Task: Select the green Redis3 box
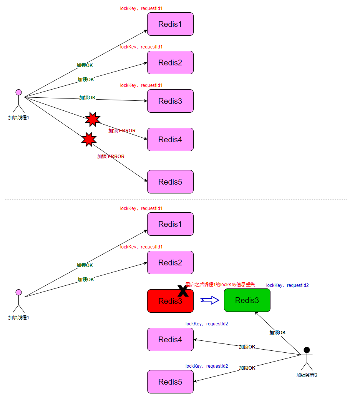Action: pos(247,300)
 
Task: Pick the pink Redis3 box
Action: pos(170,101)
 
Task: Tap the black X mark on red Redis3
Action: pos(183,291)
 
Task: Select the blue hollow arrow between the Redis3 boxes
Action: pos(210,300)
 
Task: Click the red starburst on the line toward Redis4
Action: pos(93,119)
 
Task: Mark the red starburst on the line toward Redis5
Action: pos(89,139)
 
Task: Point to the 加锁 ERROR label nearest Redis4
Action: pos(122,131)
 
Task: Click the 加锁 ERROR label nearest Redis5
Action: pos(111,157)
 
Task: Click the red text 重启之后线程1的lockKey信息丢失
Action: pos(220,285)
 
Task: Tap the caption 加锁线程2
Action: pos(307,375)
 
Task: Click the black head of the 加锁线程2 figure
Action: pos(307,350)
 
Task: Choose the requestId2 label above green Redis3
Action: pos(287,285)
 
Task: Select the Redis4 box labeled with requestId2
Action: pos(170,340)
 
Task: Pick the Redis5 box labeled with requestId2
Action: pos(170,382)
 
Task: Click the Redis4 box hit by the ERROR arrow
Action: pos(170,140)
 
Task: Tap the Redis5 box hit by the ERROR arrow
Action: pos(170,182)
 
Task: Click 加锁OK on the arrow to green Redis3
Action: pos(277,333)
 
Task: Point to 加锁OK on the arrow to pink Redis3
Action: pos(87,98)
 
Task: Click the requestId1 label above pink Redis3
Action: pos(141,85)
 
